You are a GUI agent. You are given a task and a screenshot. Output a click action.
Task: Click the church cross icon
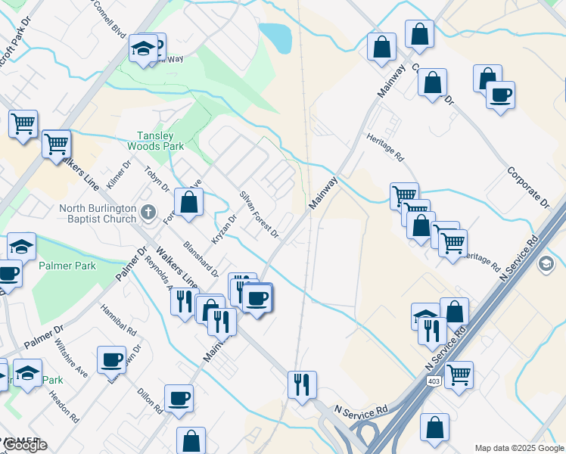click(148, 213)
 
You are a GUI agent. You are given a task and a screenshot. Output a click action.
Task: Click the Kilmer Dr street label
click(119, 175)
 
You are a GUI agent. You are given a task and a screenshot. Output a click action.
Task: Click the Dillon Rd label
click(151, 400)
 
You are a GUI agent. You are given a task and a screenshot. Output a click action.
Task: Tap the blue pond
click(275, 38)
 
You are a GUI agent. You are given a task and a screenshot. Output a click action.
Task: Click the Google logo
click(24, 445)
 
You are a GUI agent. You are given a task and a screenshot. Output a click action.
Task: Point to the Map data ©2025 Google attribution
click(519, 448)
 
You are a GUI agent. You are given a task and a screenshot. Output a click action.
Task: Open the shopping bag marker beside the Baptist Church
click(188, 202)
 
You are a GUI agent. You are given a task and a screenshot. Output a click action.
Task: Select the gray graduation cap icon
click(544, 264)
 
